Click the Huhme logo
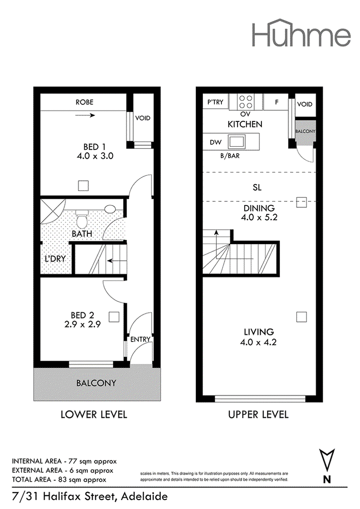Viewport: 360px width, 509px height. pyautogui.click(x=301, y=33)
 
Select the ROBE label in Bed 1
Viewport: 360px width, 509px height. pyautogui.click(x=85, y=102)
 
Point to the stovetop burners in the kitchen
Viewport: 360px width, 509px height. pyautogui.click(x=245, y=101)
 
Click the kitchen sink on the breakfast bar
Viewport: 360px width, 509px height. pyautogui.click(x=236, y=142)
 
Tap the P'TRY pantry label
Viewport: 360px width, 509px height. pyautogui.click(x=216, y=102)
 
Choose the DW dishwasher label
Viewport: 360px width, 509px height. pyautogui.click(x=216, y=142)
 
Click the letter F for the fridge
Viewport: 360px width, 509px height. pyautogui.click(x=277, y=102)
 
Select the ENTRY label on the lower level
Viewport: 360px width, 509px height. pyautogui.click(x=140, y=339)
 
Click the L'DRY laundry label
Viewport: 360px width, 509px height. pyautogui.click(x=55, y=259)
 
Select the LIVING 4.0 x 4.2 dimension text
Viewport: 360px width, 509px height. pyautogui.click(x=258, y=342)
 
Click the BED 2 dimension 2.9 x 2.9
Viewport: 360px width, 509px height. pyautogui.click(x=82, y=324)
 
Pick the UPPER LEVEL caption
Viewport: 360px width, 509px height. pyautogui.click(x=258, y=415)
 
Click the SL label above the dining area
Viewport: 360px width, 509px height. pyautogui.click(x=257, y=188)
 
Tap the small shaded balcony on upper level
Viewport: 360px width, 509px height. pyautogui.click(x=306, y=133)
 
